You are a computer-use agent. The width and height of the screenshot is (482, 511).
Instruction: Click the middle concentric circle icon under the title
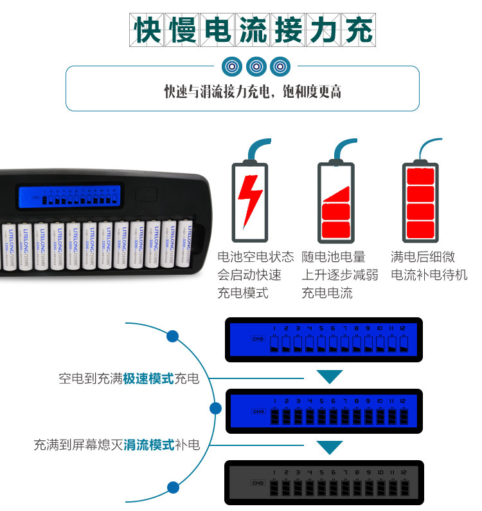(x=256, y=66)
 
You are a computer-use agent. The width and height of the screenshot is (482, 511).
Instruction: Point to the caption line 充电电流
(x=327, y=293)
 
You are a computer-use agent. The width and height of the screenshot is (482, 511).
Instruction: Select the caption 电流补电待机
(x=429, y=275)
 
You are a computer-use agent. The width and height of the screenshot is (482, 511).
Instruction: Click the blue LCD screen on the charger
(x=69, y=196)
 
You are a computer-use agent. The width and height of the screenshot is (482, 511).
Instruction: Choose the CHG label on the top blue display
(x=258, y=339)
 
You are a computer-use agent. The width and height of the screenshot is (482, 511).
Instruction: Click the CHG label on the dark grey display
(x=258, y=483)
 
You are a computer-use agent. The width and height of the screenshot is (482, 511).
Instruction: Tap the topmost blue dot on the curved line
(x=172, y=336)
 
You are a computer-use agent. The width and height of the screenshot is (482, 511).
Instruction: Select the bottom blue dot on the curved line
(x=172, y=487)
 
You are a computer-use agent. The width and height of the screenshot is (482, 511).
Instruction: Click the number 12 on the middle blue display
(x=402, y=400)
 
